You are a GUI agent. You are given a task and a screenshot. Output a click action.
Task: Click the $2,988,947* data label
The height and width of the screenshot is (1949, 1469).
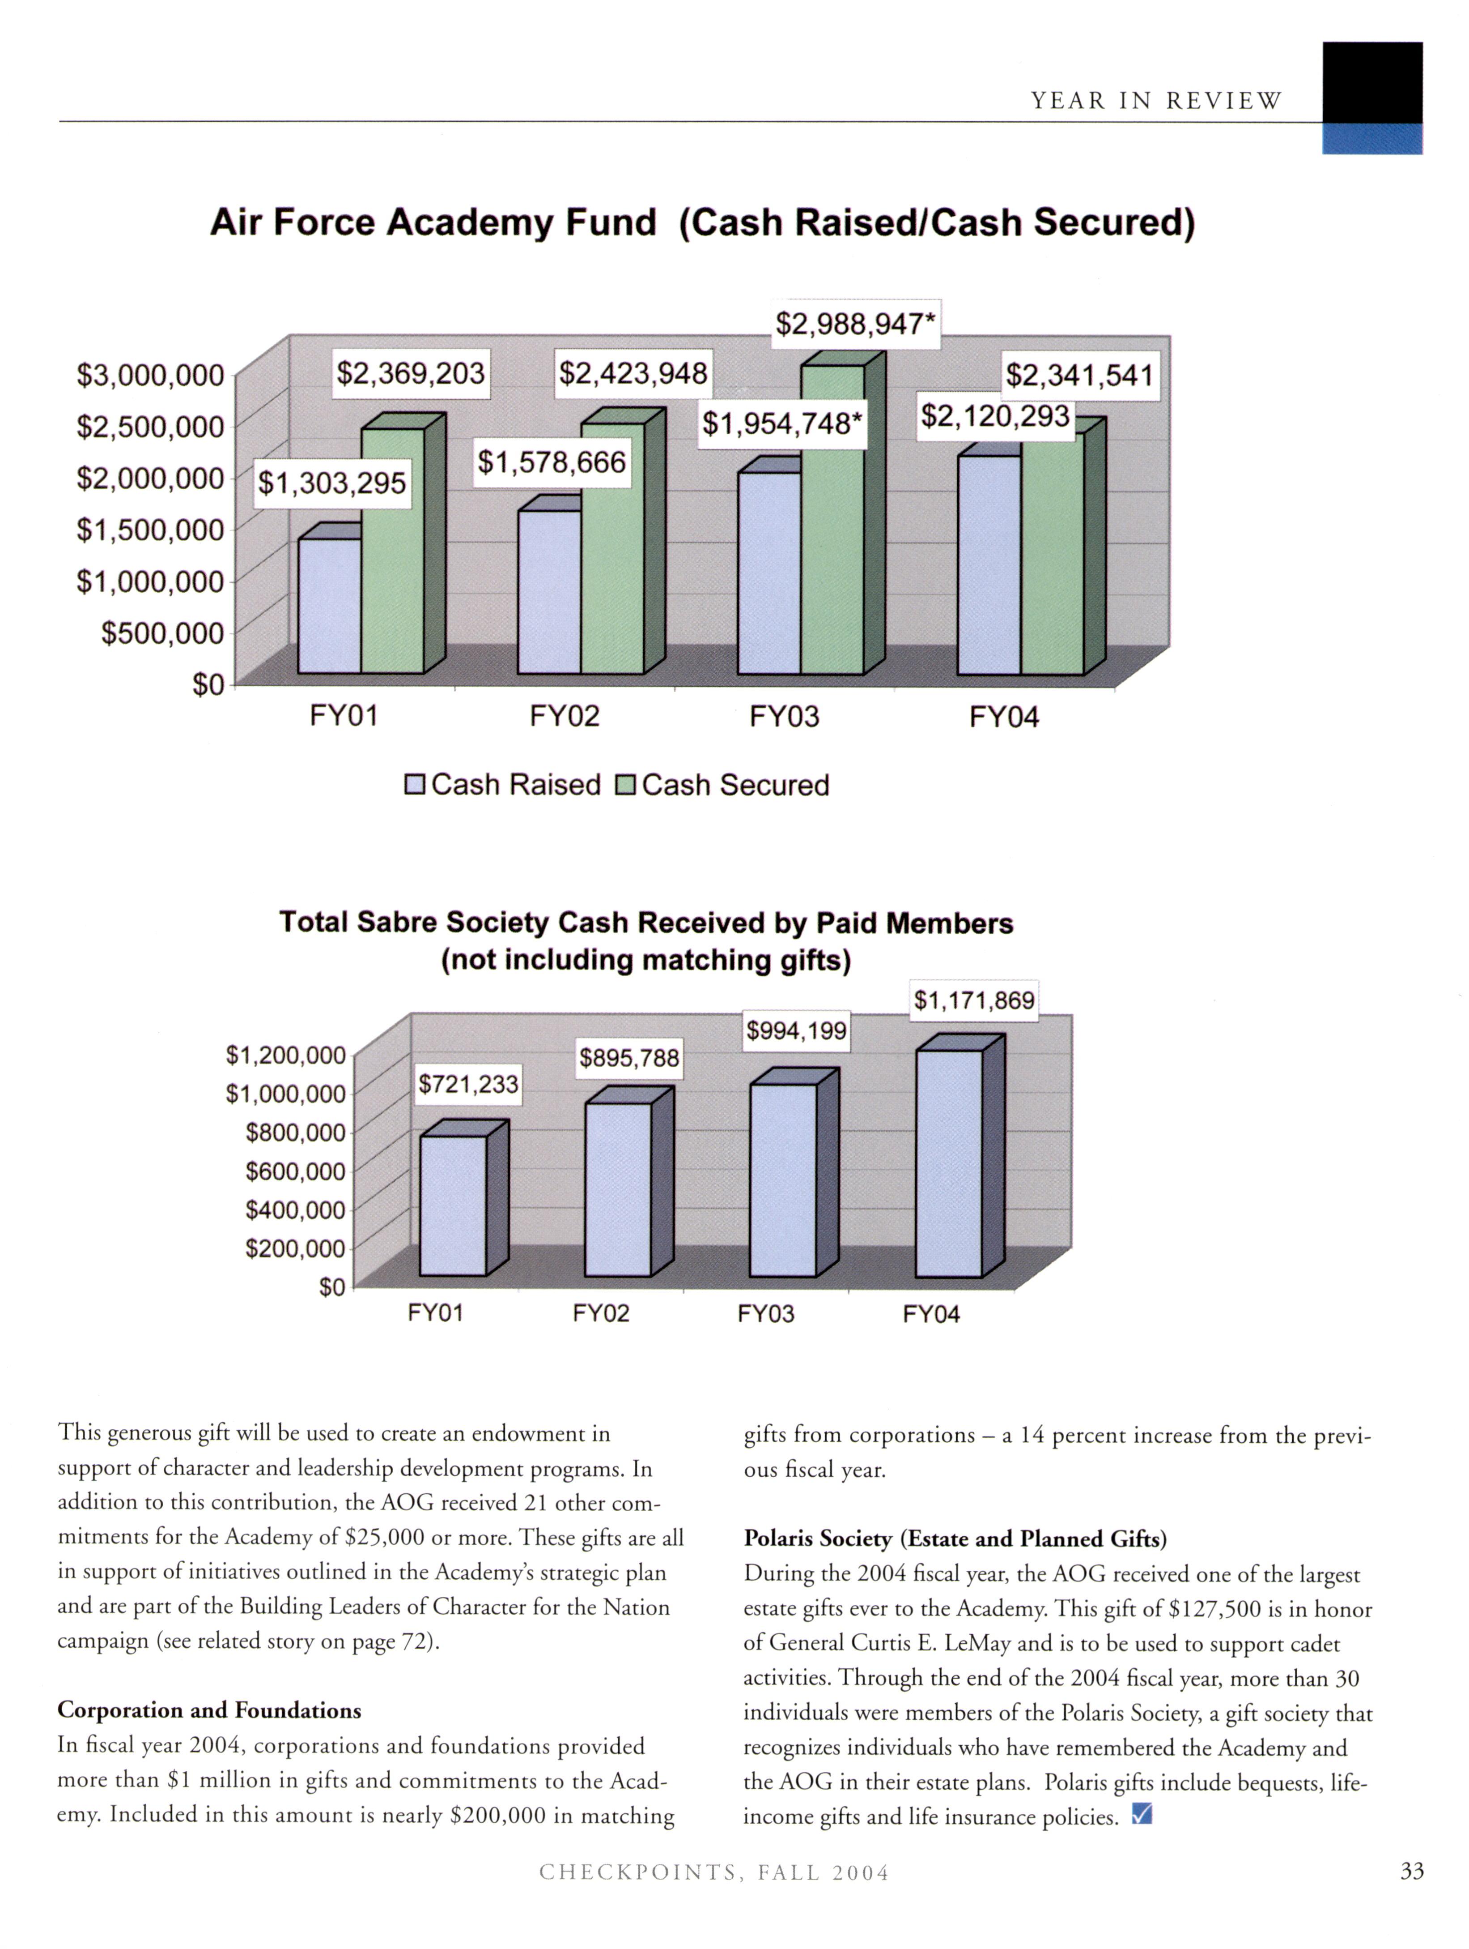click(x=854, y=324)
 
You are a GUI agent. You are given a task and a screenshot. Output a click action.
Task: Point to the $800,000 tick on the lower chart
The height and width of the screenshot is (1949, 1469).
click(x=295, y=1132)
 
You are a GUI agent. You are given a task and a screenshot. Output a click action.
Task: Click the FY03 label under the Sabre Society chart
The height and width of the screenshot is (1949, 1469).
click(x=765, y=1314)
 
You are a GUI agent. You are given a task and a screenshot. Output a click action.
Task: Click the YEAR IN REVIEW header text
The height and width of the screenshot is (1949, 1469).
click(x=1156, y=101)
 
